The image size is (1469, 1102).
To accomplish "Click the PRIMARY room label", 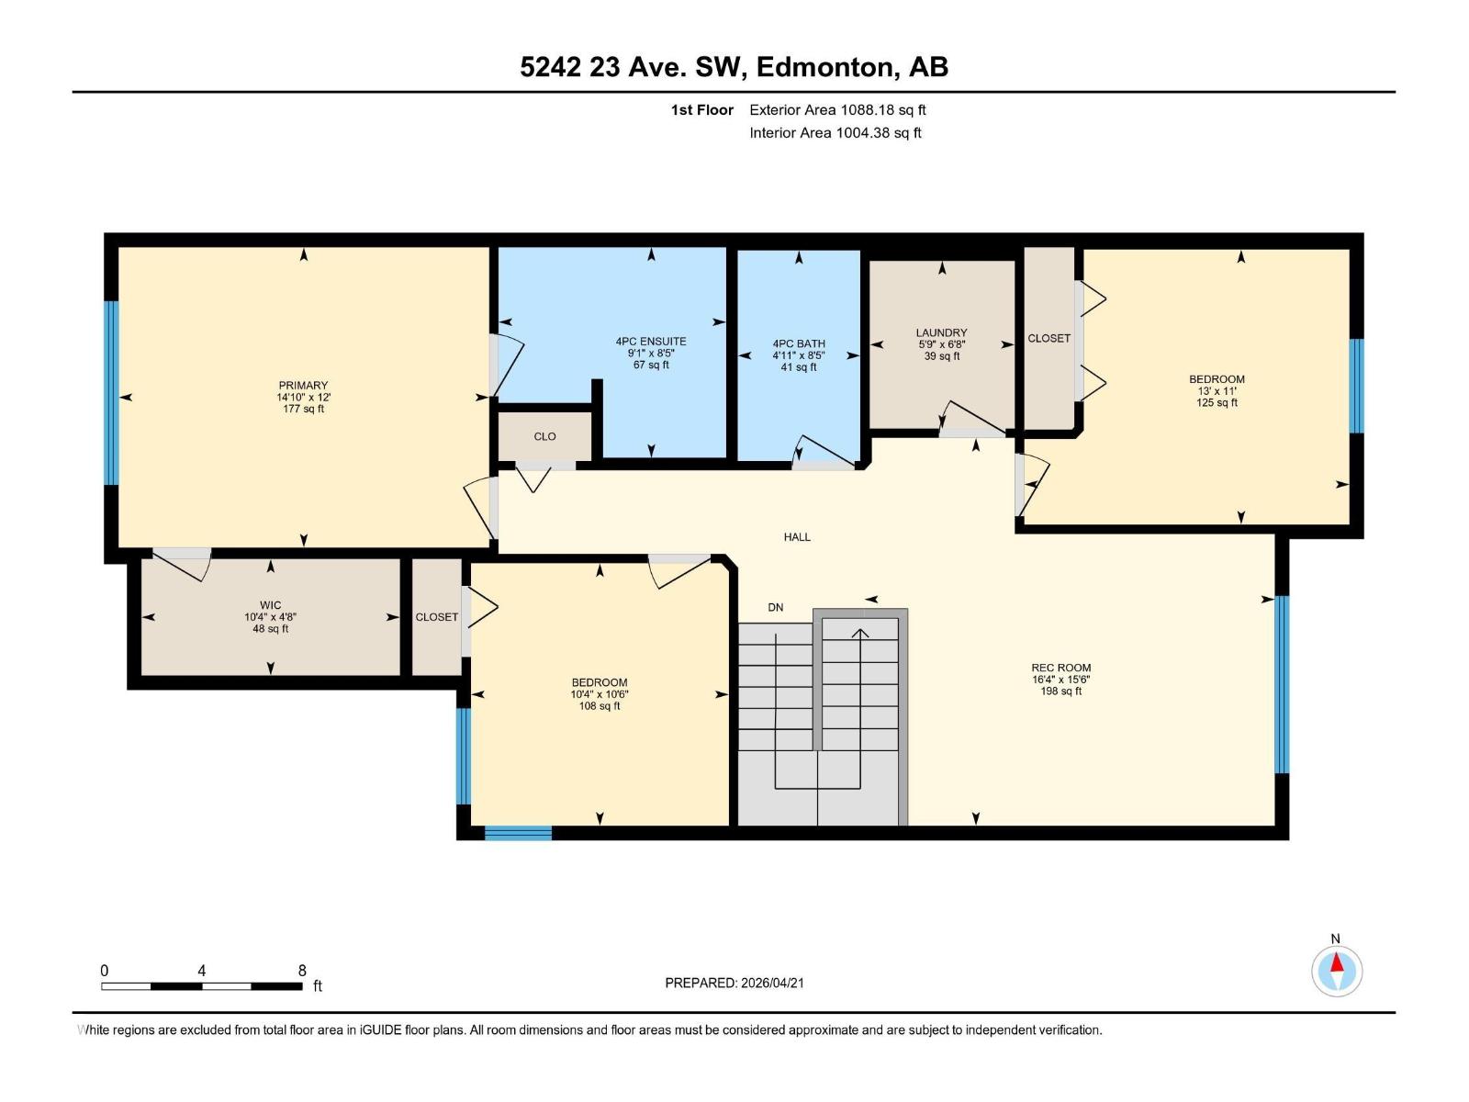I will click(x=303, y=386).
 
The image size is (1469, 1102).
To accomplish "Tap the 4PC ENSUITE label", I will click(x=651, y=342).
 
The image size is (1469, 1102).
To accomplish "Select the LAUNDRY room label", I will click(x=941, y=332).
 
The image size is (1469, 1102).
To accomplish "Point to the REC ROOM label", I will click(x=1060, y=668).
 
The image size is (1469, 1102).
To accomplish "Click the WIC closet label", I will click(x=270, y=605).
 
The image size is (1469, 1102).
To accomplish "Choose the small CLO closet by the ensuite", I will click(x=544, y=436).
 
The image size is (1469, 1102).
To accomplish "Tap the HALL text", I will click(x=797, y=537).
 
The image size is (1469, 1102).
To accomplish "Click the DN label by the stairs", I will click(x=776, y=607).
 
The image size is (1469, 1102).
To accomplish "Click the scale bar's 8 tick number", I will click(x=302, y=971).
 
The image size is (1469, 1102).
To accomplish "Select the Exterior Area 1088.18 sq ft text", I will click(x=837, y=110).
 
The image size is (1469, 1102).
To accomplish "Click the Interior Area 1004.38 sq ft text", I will click(x=835, y=133).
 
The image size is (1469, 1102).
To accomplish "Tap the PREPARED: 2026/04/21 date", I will click(x=734, y=983).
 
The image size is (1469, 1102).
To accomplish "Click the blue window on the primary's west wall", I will click(x=111, y=392).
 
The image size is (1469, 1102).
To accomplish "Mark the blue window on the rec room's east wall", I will click(x=1282, y=684).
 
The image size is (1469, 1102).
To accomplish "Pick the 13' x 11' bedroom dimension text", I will click(x=1217, y=390).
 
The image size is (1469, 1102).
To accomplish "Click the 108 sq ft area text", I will click(x=600, y=706).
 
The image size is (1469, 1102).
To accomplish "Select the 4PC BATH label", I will click(x=799, y=344).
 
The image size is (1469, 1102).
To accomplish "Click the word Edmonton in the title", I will click(x=825, y=67).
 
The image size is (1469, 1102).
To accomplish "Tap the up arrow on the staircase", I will click(x=860, y=633).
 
